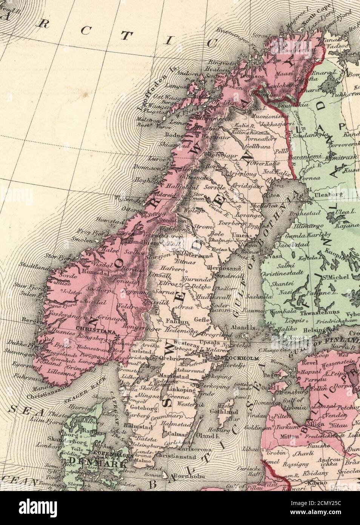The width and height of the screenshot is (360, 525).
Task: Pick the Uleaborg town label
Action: (324, 195)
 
